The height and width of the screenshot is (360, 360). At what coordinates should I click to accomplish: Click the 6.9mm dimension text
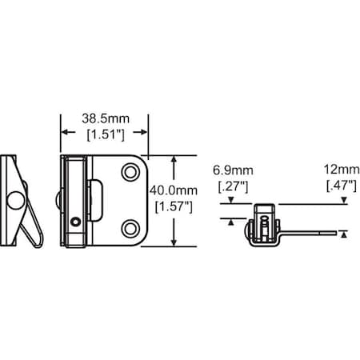(x=231, y=171)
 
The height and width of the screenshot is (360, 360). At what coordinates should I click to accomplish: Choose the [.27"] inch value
(x=231, y=186)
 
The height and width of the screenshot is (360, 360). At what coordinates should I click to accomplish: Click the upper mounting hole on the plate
(x=129, y=172)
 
